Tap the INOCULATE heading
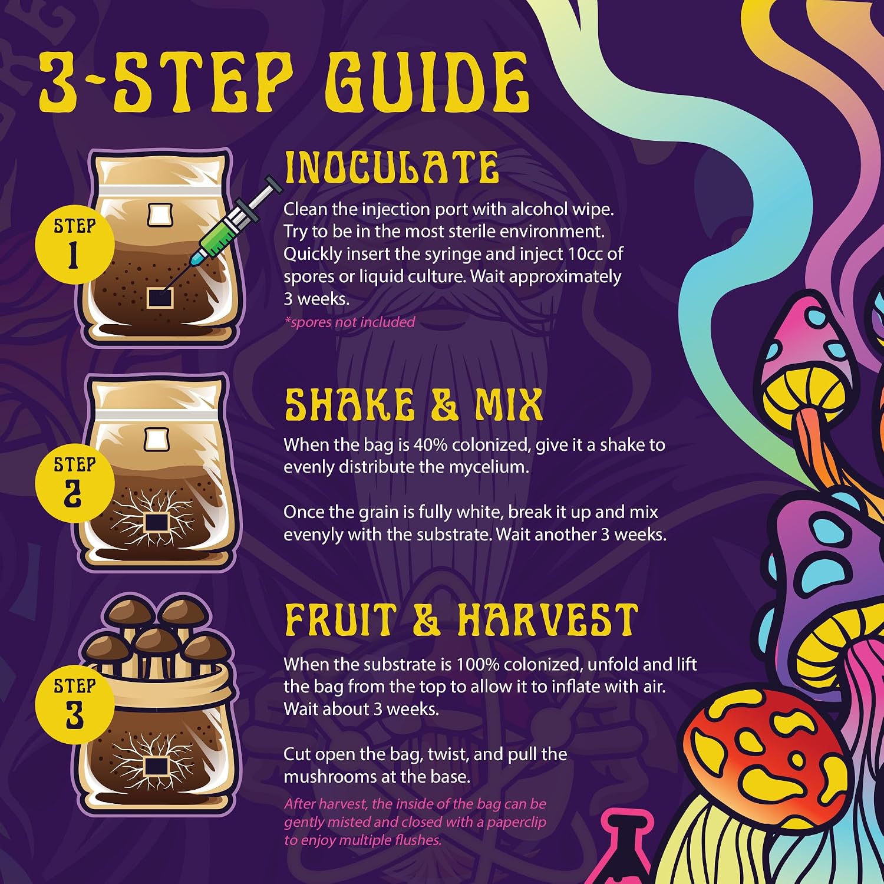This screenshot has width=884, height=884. pos(391,167)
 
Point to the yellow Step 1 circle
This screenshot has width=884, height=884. pos(74,243)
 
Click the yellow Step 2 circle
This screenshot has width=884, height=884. pos(74,482)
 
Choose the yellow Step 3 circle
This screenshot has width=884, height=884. pos(74,704)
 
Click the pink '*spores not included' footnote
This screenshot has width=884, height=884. pos(349,322)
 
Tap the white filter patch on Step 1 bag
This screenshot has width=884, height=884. pos(160,215)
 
